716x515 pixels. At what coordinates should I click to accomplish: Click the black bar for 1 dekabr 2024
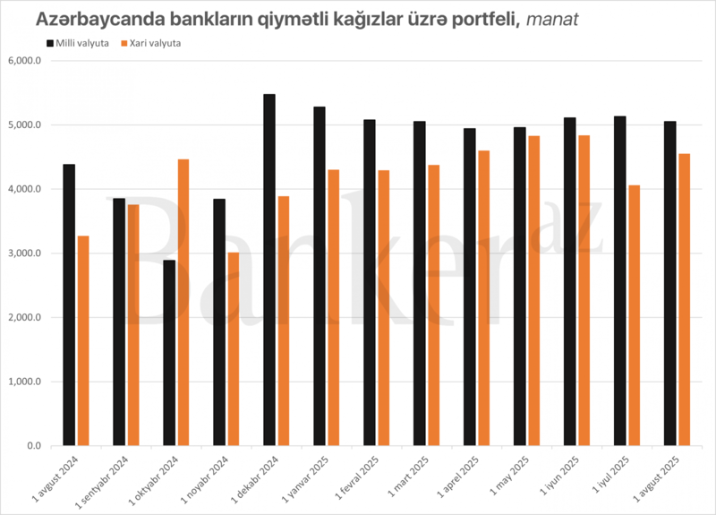pos(269,270)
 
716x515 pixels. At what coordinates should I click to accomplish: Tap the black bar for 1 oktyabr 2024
pos(169,353)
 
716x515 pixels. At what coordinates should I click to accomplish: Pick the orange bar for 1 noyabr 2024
pos(234,349)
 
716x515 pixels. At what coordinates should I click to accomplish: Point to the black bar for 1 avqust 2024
pos(69,305)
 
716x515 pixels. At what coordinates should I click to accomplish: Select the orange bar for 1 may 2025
pos(534,290)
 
